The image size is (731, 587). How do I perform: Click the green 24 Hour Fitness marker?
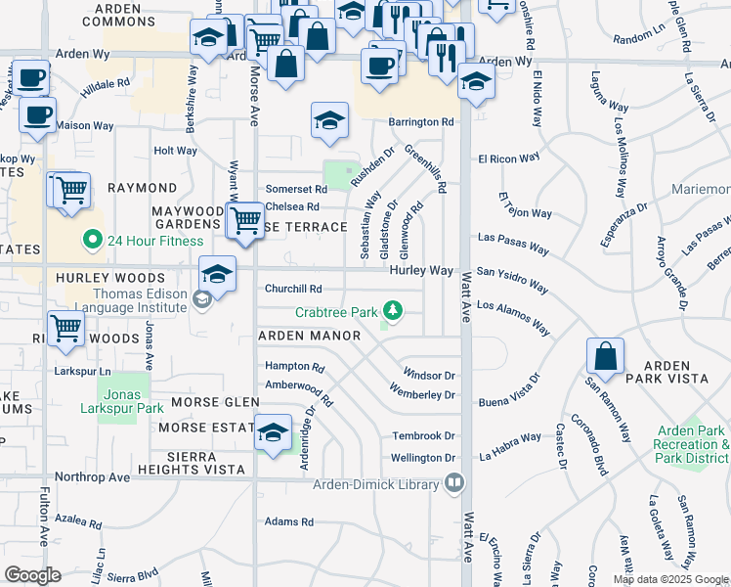tap(93, 239)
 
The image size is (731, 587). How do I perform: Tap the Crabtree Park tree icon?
tap(392, 312)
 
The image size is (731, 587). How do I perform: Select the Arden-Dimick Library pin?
tap(453, 481)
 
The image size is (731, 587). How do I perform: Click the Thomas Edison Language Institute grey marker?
tap(201, 298)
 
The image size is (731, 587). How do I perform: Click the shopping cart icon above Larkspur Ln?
tap(65, 329)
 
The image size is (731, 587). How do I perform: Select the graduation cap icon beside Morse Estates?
tap(274, 432)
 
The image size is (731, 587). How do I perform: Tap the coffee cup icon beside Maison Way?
tap(37, 114)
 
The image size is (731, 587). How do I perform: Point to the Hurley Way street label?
tap(422, 270)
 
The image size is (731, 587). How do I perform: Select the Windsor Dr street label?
tap(429, 375)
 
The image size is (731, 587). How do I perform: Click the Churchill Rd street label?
tap(293, 289)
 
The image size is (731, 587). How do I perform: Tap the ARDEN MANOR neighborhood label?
tap(309, 336)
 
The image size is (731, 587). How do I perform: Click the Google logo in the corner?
tap(32, 575)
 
